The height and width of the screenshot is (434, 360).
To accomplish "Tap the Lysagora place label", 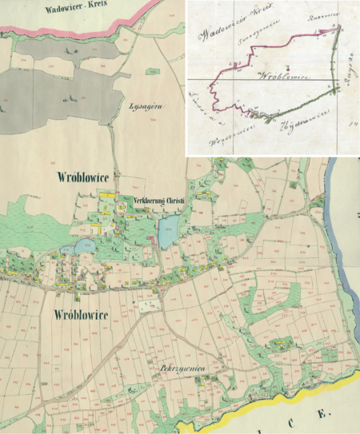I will (146, 105).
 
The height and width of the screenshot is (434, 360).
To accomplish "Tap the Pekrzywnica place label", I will (183, 368).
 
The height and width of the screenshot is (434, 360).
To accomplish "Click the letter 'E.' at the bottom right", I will (322, 415).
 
